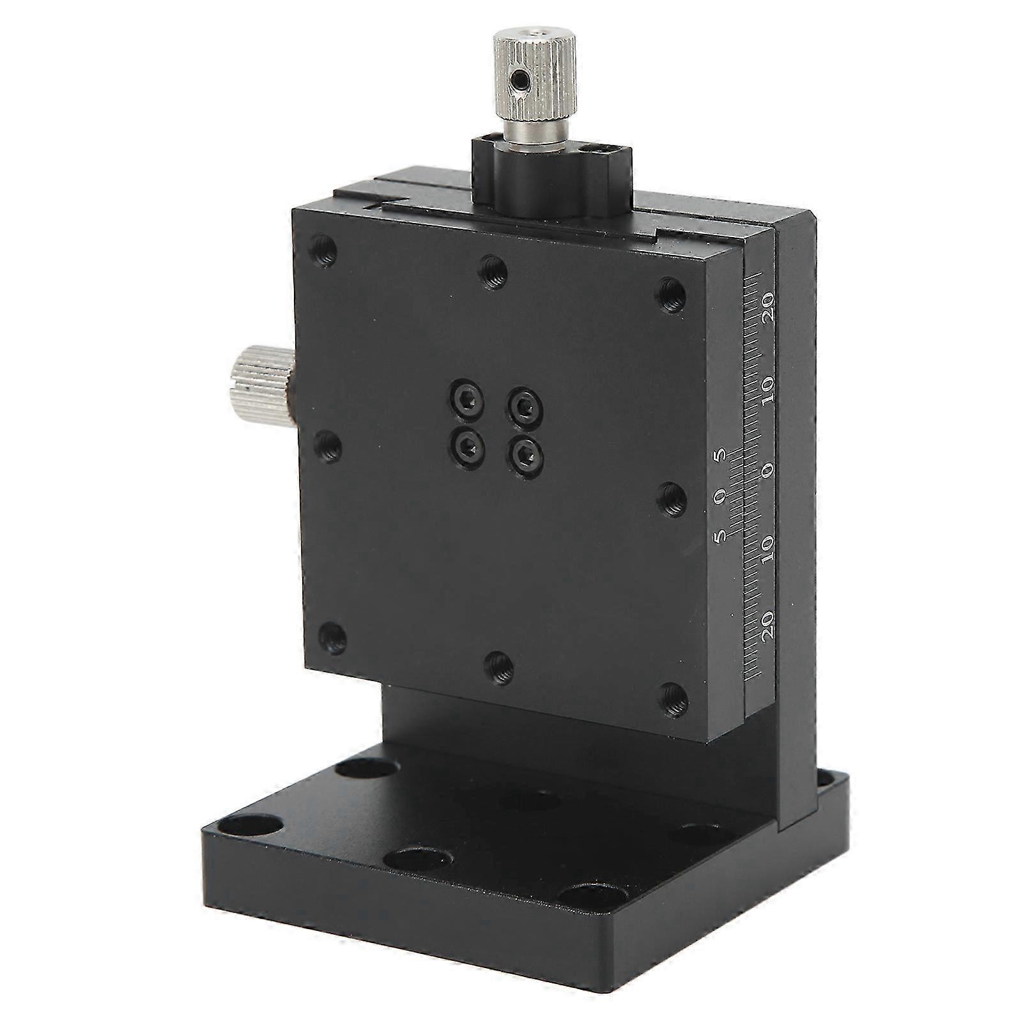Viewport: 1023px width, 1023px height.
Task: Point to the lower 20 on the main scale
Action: pos(769,623)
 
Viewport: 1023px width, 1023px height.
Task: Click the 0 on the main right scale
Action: pos(769,469)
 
